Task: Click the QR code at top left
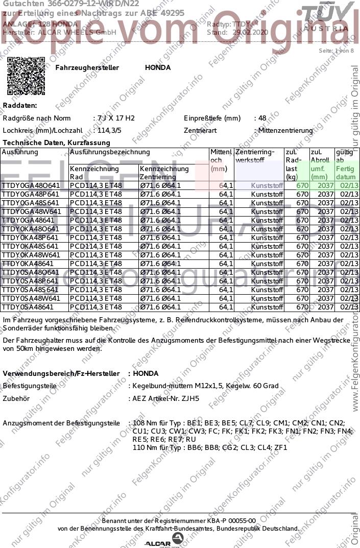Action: (26, 76)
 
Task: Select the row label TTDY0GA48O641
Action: (31, 185)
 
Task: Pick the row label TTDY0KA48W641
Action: (31, 255)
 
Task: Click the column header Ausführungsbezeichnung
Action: (110, 152)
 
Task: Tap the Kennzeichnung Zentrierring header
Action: (164, 173)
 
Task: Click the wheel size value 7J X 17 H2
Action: (116, 118)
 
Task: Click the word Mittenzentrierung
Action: (285, 131)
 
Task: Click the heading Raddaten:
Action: (20, 105)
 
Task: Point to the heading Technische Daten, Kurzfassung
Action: (56, 142)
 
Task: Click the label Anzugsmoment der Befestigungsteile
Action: (61, 423)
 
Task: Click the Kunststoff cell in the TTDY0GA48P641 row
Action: (267, 194)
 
